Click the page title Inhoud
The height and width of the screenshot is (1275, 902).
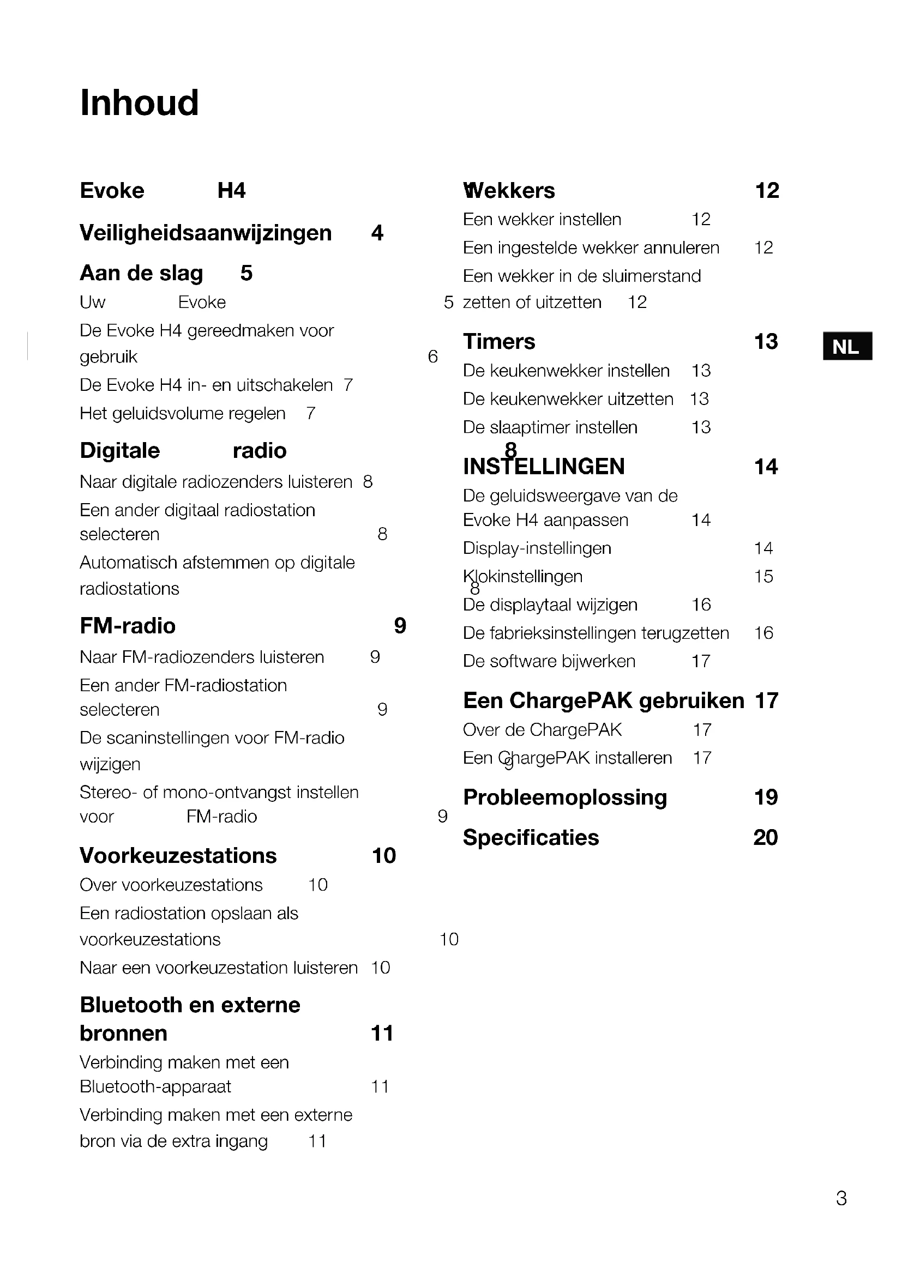point(140,103)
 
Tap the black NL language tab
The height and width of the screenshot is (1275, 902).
point(846,347)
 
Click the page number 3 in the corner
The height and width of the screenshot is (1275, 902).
point(841,1198)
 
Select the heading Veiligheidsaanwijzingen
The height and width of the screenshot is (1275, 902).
point(206,233)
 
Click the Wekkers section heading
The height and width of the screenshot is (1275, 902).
point(509,191)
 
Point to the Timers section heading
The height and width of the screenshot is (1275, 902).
point(499,342)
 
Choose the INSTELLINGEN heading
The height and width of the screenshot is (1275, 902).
point(544,467)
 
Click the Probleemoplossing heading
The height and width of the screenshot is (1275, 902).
point(565,797)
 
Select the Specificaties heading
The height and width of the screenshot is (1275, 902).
point(531,837)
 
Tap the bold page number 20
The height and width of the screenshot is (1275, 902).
point(765,837)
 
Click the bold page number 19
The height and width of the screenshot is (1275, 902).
point(766,797)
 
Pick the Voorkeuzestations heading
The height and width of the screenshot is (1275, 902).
point(178,856)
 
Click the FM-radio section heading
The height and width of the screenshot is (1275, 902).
point(128,626)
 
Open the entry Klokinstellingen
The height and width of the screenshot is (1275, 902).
point(523,576)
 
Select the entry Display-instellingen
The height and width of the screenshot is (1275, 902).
point(537,548)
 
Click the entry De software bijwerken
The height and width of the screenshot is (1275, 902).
point(549,661)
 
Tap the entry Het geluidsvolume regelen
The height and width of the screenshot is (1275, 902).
point(182,413)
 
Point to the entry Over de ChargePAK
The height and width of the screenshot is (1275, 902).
point(542,729)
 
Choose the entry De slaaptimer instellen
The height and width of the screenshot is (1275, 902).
point(550,427)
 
